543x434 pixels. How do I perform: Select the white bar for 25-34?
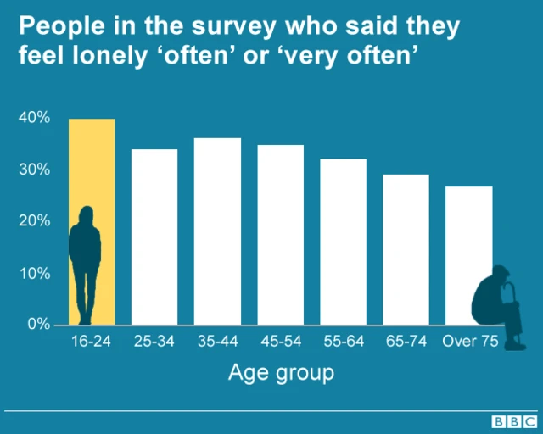(154, 236)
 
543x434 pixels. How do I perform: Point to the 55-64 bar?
(343, 242)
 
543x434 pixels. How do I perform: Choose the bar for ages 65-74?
(406, 249)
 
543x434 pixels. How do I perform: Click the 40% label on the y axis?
(34, 118)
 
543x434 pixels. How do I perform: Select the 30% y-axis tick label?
(34, 170)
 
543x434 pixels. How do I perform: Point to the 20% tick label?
(34, 221)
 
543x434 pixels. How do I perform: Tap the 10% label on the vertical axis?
(34, 273)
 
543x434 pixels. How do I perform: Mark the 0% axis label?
(37, 325)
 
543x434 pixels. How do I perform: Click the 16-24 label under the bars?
(92, 342)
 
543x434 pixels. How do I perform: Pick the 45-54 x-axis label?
(280, 342)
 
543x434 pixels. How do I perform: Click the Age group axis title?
(281, 372)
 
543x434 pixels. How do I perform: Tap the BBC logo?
(512, 421)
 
